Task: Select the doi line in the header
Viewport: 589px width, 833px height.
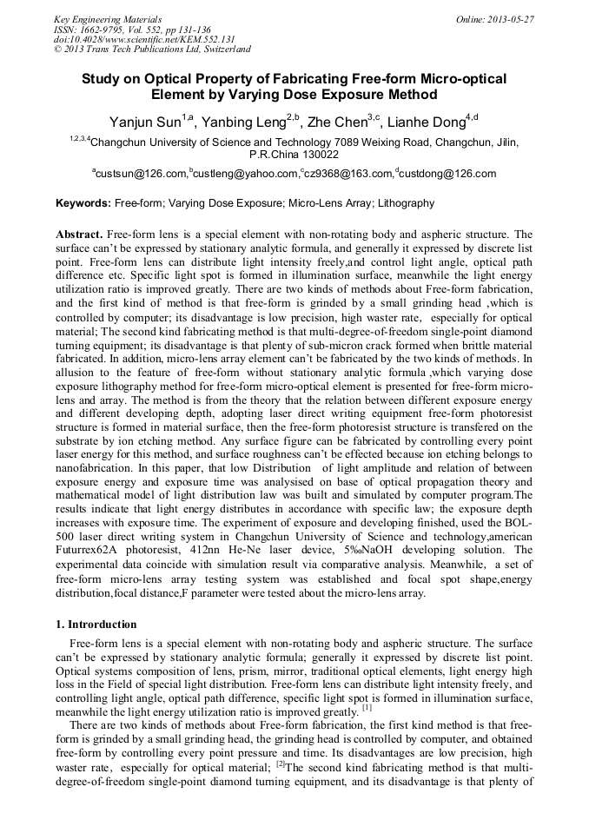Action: (144, 39)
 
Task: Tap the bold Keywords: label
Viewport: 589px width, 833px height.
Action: (83, 203)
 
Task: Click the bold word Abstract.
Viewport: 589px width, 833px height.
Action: (79, 235)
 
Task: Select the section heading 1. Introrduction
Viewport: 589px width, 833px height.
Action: (96, 625)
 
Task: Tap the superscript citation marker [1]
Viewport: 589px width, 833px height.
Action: (368, 708)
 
